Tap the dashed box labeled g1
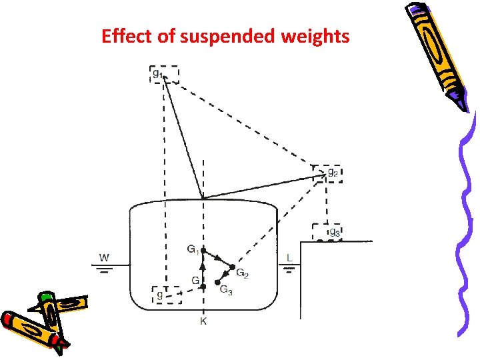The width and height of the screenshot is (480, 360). (x=164, y=74)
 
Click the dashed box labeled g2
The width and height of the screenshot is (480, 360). (x=327, y=173)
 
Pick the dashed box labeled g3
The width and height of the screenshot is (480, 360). (x=327, y=232)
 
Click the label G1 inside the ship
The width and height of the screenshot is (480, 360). (x=192, y=249)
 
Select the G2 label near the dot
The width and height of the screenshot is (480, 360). (x=242, y=275)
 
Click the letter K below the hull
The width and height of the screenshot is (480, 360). (x=203, y=322)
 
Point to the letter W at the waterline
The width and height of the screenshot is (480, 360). (x=104, y=257)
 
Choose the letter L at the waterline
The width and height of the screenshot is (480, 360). (x=289, y=257)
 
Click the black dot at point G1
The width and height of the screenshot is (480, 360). (x=204, y=252)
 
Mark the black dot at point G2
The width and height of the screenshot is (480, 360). (x=232, y=268)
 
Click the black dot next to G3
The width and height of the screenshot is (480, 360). (x=217, y=283)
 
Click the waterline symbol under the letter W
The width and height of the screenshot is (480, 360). (x=104, y=269)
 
